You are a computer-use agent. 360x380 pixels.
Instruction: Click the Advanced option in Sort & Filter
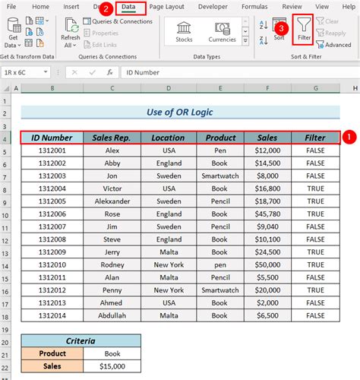(334, 45)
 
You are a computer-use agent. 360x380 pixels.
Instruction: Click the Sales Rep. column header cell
(112, 138)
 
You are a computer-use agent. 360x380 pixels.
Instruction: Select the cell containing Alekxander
(112, 201)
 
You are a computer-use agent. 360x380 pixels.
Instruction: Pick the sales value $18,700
(267, 201)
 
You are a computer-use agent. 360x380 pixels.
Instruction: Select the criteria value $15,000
(112, 366)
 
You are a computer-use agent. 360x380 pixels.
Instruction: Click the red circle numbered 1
(349, 138)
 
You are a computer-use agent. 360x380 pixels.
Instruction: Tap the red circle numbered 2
(106, 8)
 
